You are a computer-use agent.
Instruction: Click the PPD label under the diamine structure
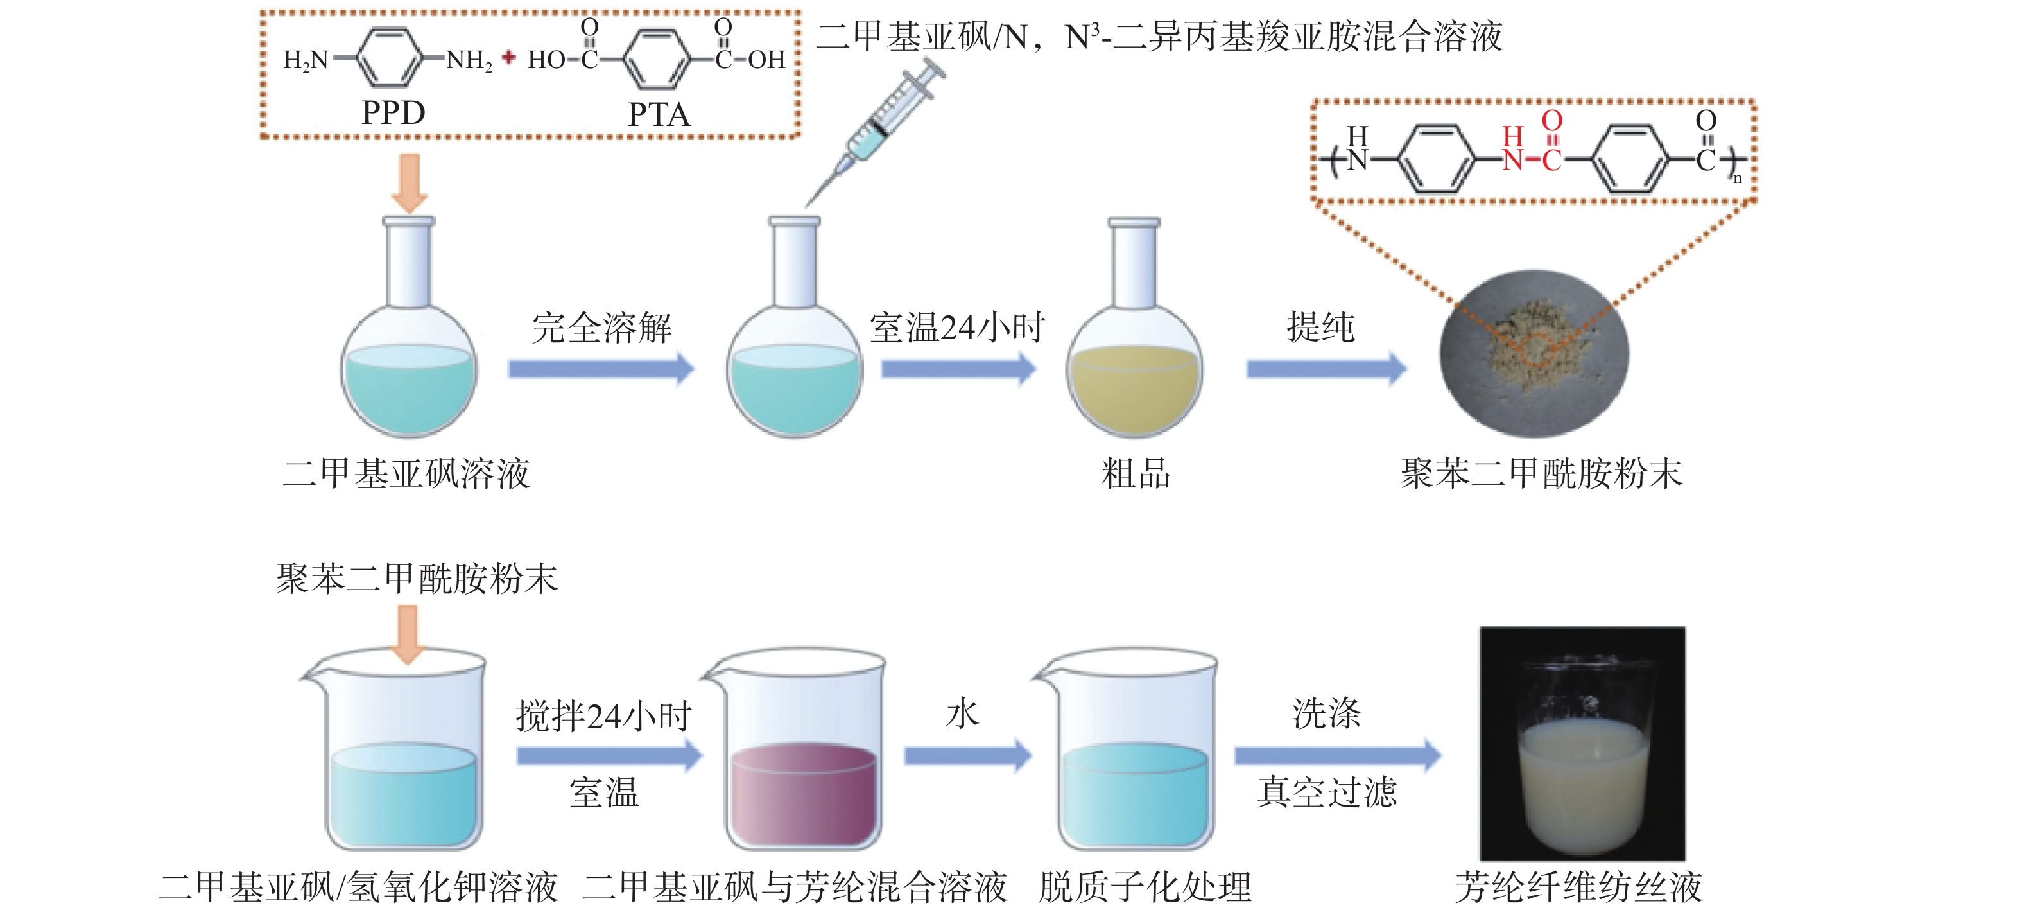point(393,113)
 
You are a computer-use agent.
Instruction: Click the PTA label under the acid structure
point(659,115)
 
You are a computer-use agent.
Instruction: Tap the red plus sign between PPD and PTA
point(508,57)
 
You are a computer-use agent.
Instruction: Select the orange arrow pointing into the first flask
point(409,183)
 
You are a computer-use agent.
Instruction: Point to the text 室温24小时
point(957,328)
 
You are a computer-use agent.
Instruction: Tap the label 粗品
point(1135,473)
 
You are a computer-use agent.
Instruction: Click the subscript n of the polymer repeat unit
point(1737,179)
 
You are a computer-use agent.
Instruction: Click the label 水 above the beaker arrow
point(962,713)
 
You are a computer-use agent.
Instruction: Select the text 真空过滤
point(1327,791)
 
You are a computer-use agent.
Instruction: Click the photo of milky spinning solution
point(1582,743)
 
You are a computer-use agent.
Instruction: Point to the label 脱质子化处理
point(1145,888)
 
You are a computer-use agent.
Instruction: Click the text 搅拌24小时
point(603,716)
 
